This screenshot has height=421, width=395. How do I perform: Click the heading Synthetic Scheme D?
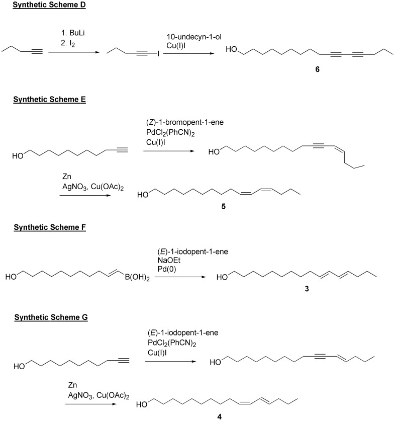49,5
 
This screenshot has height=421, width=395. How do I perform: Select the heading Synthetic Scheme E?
49,100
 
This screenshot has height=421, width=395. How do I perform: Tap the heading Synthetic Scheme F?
50,227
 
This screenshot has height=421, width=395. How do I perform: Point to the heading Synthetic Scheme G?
51,317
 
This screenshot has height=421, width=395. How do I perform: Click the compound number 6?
317,69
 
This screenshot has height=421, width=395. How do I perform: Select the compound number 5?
223,206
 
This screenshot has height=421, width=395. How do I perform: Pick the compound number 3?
307,289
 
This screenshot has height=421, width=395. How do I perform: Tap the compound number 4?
220,416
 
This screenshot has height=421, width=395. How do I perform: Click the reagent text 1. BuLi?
73,33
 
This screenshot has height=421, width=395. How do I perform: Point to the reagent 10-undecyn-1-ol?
194,37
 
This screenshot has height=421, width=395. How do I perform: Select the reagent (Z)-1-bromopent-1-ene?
185,122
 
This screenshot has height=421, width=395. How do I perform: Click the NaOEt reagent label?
169,260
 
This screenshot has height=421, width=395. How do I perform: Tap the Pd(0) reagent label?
167,269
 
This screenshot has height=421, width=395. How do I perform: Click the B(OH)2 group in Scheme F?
137,277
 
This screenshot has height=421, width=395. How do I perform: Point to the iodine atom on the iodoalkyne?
158,54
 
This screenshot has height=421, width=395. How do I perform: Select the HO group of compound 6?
231,49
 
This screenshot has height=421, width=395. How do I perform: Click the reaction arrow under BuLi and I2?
74,52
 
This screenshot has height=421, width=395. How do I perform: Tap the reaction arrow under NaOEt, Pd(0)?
180,277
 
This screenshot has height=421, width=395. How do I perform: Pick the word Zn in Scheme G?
72,385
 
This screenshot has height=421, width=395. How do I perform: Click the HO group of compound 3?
222,277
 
